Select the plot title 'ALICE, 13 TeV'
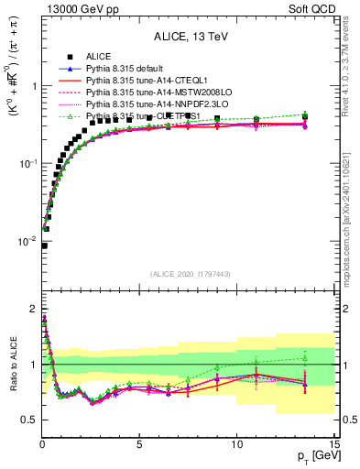(187, 36)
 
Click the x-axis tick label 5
(138, 444)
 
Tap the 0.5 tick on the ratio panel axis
(29, 420)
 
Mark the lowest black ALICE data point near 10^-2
(44, 245)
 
